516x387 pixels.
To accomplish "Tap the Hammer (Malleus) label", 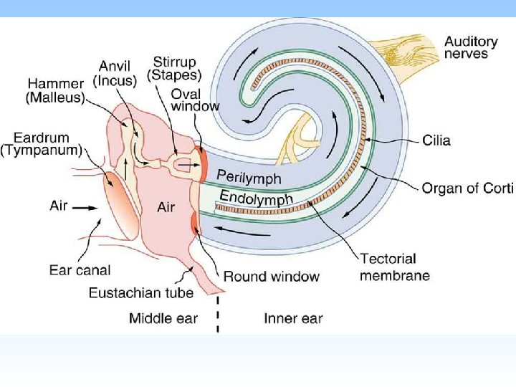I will coord(55,90).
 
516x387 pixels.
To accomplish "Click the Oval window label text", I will coord(195,100).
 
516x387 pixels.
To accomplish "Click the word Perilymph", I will coord(249,176).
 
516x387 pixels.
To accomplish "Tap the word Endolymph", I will coord(256,197).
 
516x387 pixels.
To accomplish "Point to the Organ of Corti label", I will coord(467,188).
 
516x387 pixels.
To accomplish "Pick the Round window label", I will coord(271,276).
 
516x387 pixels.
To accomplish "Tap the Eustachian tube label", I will coord(140,292).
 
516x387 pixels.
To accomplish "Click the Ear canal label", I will coord(80,270).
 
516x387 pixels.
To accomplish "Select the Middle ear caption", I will coord(163,318).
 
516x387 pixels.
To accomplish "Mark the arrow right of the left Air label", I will coord(87,208).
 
